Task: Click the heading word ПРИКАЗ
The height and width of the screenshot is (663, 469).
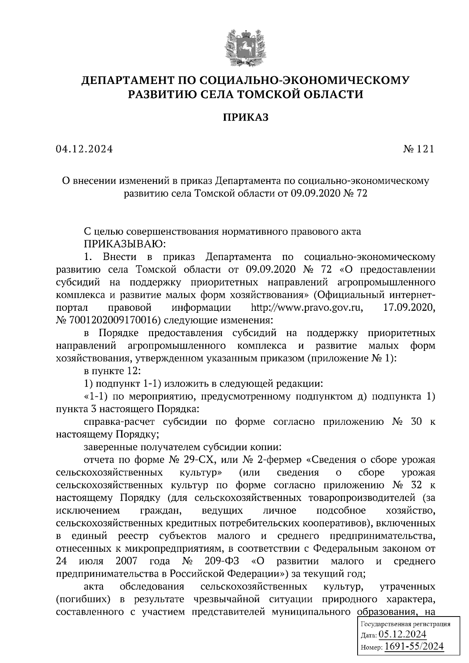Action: pyautogui.click(x=245, y=118)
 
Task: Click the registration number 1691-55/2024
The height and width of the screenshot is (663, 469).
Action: pyautogui.click(x=414, y=646)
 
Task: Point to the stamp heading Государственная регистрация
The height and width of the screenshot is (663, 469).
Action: pyautogui.click(x=405, y=624)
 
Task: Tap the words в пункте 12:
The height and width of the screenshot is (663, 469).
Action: pyautogui.click(x=110, y=371)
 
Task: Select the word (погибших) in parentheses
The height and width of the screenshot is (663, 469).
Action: pyautogui.click(x=81, y=599)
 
